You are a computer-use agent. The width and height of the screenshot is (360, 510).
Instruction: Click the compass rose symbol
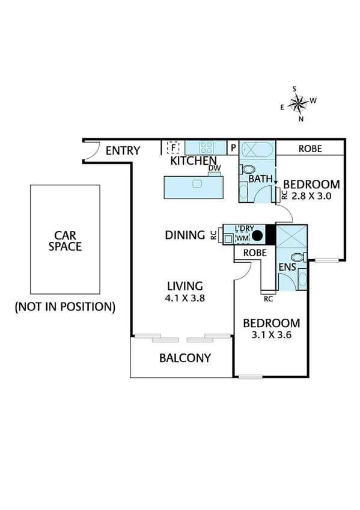(x=298, y=103)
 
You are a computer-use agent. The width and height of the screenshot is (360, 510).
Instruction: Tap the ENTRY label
(x=123, y=151)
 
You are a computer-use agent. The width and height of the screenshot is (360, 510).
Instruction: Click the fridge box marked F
(x=174, y=147)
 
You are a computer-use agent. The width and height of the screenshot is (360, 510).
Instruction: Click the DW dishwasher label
(x=213, y=169)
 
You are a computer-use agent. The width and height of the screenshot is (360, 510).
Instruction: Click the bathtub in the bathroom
(x=258, y=149)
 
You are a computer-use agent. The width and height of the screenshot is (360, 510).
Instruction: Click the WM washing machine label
(x=242, y=239)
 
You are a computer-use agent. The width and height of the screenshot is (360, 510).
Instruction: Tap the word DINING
(x=185, y=235)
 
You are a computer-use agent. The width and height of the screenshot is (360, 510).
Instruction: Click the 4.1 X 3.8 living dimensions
(x=185, y=296)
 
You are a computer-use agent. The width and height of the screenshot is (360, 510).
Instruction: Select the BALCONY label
(x=185, y=358)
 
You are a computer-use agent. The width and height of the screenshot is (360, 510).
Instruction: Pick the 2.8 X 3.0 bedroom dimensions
(x=311, y=196)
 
